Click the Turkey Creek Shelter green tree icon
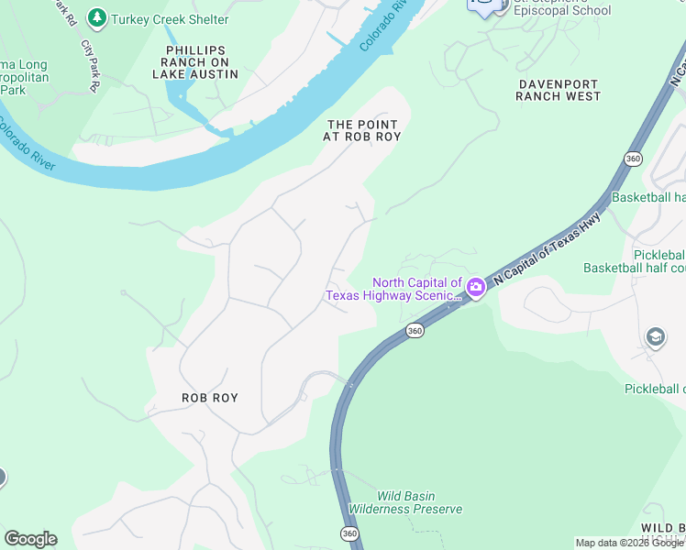pos(96,18)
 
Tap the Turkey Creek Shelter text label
pos(170,19)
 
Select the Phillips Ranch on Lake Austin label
pos(197,62)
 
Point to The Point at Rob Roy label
pos(362,130)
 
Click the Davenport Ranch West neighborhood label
pos(559,89)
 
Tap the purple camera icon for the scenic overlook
pos(476,288)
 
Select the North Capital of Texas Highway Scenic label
pos(394,289)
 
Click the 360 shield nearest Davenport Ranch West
pos(633,159)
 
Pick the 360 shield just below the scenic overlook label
pos(415,330)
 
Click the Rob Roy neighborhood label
pos(209,398)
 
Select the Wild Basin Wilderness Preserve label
pos(404,502)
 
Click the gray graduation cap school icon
pos(656,337)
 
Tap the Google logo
pos(30,539)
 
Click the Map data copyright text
pos(629,543)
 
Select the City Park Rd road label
pos(89,64)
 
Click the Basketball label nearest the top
pos(648,197)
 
